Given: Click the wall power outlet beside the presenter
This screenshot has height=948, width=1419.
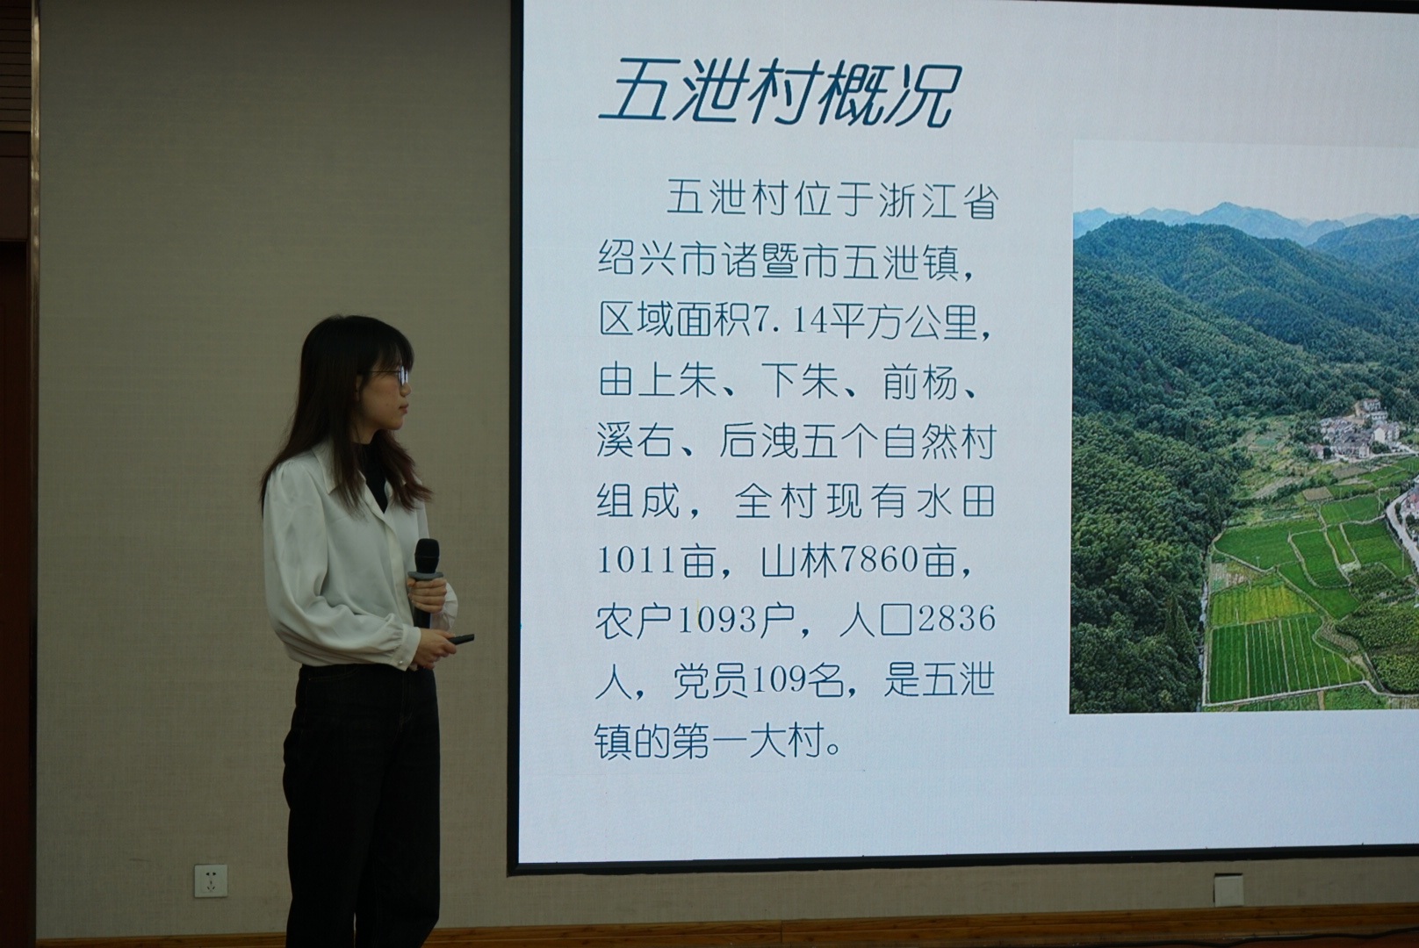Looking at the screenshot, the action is (x=211, y=880).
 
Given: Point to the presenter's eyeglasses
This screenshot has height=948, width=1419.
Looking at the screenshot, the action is (x=390, y=377).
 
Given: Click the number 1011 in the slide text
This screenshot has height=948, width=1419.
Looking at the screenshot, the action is (x=636, y=561).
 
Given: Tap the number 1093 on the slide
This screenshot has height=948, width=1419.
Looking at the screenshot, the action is (x=717, y=620).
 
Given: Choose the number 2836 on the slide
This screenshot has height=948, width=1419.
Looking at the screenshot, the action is (x=956, y=619).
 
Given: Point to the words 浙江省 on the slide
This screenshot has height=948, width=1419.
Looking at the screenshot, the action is (x=939, y=200).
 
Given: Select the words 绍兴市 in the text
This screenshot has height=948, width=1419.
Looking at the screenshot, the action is (x=658, y=260).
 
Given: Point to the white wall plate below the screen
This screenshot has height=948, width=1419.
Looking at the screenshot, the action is (x=1228, y=890).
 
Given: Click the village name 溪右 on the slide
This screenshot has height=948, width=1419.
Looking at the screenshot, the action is (x=636, y=441).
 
